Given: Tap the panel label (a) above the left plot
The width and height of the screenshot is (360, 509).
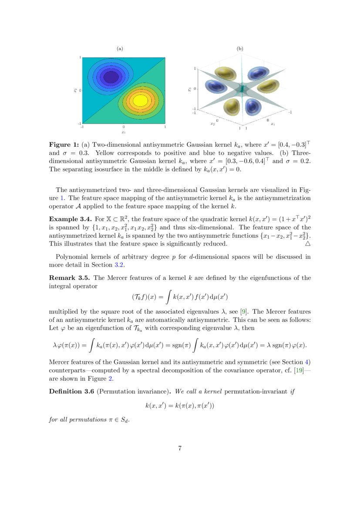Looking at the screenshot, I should [120, 49].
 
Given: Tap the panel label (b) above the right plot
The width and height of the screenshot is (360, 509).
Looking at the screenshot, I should [240, 49].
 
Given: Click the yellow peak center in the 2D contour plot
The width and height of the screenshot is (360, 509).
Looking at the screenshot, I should [140, 100].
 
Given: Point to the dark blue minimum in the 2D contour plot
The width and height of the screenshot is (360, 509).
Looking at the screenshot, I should [108, 77].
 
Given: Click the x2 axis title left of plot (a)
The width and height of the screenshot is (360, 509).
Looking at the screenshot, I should [75, 90].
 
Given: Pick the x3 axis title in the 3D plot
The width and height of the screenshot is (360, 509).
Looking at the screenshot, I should [189, 89].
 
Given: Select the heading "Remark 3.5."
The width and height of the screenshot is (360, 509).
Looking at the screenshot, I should [70, 278].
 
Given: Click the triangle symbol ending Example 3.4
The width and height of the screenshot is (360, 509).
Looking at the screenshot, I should [308, 244].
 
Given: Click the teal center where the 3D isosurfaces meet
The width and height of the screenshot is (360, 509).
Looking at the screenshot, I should [242, 89].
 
